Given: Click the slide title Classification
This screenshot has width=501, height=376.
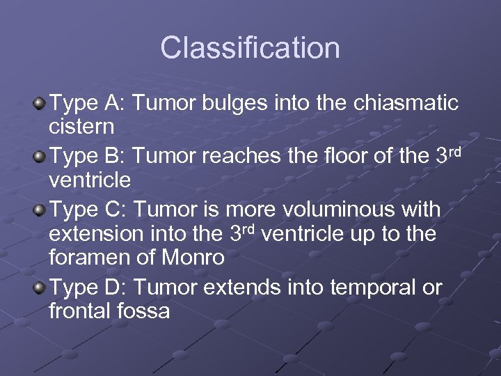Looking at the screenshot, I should (x=250, y=48).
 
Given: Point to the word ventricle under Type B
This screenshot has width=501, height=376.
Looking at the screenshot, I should (x=91, y=180).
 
